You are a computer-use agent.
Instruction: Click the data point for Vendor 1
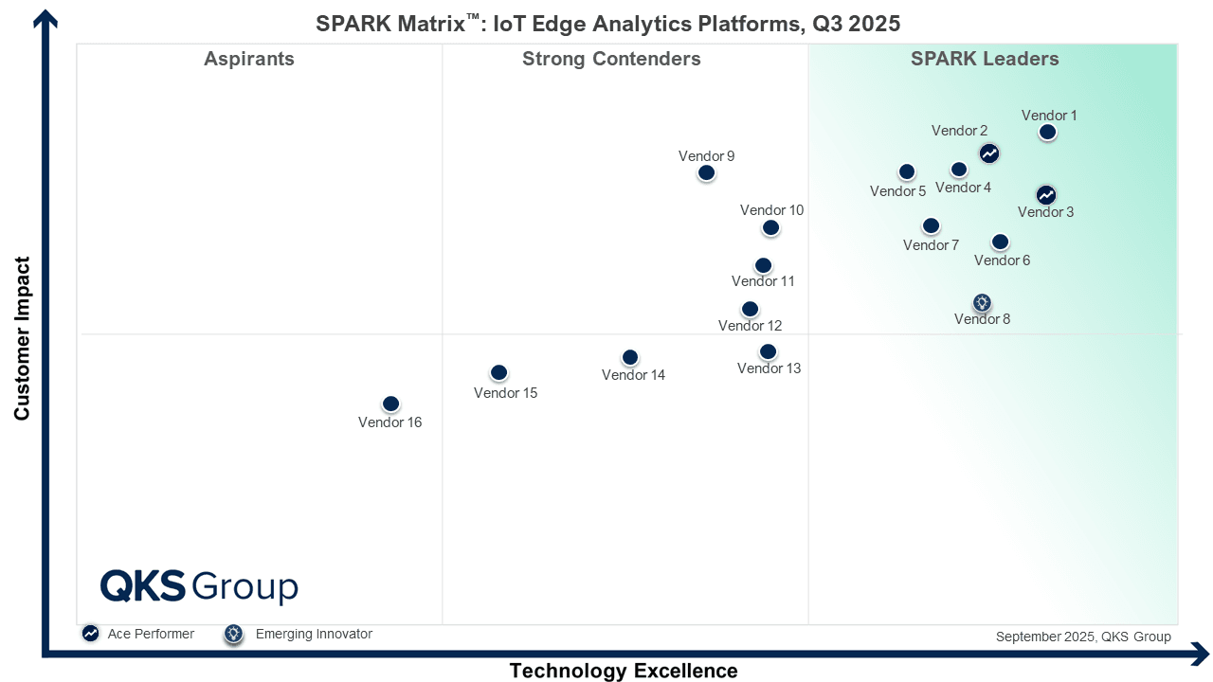1047,133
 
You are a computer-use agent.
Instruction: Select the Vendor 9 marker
706,172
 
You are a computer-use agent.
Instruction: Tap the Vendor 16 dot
390,404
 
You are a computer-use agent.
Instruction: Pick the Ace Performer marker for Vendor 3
1045,195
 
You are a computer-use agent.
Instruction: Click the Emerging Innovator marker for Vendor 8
982,303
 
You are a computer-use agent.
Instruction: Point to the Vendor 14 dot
630,357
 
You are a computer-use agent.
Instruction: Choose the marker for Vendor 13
769,351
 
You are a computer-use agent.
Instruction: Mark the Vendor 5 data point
907,171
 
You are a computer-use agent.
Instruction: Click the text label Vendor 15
505,393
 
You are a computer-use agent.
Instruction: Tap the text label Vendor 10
771,210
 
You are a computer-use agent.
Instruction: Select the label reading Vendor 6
1002,260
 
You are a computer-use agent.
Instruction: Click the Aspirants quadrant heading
249,60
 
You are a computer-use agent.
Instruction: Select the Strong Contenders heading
611,60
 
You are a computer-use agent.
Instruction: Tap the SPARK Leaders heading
985,60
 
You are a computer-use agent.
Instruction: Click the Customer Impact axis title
23,338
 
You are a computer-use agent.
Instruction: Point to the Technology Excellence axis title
624,671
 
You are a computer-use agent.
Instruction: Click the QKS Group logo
199,586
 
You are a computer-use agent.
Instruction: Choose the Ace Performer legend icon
90,634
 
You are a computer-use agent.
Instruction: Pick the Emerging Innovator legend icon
233,634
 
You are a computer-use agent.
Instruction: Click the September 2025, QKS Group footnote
1083,637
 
